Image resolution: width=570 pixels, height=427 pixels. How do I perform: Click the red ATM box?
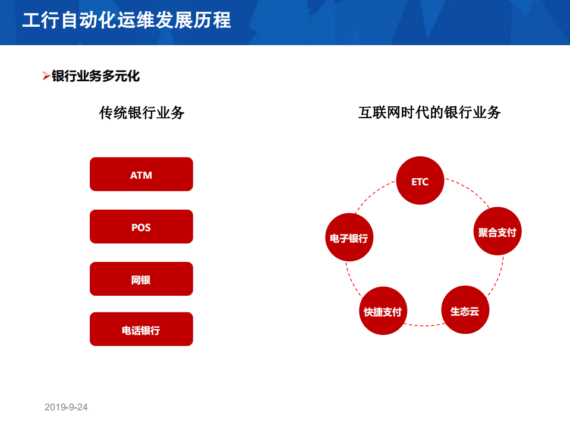coord(141,174)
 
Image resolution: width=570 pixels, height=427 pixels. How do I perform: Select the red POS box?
coord(141,226)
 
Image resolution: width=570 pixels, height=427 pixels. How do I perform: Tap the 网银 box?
coord(141,279)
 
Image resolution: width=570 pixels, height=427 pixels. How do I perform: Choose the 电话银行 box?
coord(141,329)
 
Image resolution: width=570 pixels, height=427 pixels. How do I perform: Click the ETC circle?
coord(420,181)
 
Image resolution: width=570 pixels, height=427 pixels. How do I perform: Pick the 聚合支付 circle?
coord(497,231)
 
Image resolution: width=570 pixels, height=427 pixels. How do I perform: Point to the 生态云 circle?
coord(465,310)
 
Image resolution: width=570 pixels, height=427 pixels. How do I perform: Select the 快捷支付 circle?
coord(383,311)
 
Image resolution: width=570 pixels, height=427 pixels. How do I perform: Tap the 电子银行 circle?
coord(349,238)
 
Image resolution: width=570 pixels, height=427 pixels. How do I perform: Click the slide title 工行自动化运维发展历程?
coord(126,20)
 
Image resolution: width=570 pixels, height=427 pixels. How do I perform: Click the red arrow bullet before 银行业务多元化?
coord(46,76)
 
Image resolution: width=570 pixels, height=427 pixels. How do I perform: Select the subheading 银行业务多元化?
coord(96,76)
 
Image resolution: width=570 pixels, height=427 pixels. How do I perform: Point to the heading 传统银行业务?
coord(141,112)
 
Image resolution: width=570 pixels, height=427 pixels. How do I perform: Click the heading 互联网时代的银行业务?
coord(429,112)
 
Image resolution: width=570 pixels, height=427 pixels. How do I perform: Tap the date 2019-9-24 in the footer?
coord(66,407)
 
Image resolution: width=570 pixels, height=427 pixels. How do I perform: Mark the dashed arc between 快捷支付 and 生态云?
coord(424,325)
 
